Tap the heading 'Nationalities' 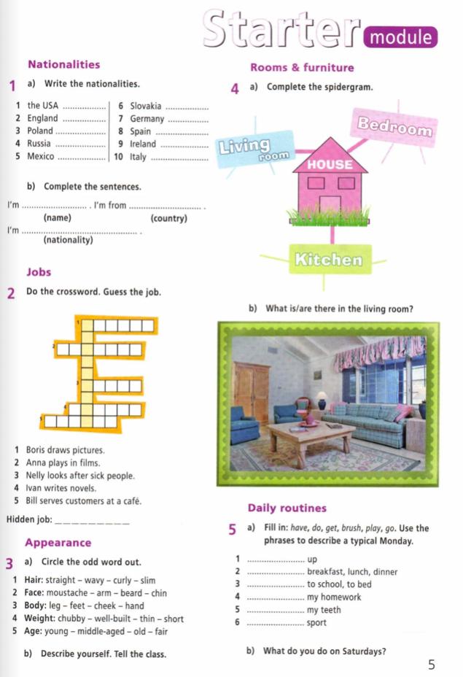(63, 64)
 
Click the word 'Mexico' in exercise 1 (41, 156)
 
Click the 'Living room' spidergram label (254, 149)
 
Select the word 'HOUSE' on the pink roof (330, 165)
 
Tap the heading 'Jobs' (39, 272)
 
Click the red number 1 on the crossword (77, 320)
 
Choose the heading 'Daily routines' (287, 508)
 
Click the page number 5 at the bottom (432, 664)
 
